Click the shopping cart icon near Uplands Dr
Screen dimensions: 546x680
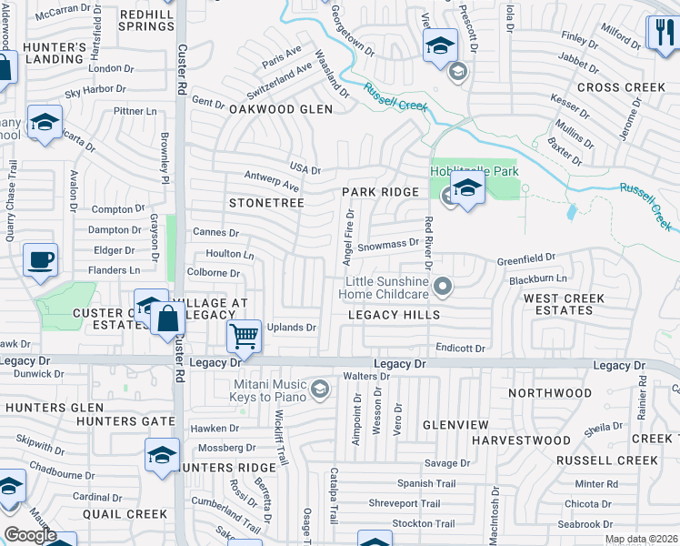point(244,336)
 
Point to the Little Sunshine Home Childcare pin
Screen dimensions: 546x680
point(443,287)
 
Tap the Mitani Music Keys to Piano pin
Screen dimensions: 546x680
point(319,390)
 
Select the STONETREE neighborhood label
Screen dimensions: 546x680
point(266,202)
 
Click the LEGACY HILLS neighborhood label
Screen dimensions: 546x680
point(395,315)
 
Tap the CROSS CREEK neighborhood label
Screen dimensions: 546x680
point(621,87)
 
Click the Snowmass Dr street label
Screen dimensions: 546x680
point(387,244)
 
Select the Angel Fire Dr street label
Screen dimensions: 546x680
point(348,236)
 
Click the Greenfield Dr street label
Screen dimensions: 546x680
point(525,259)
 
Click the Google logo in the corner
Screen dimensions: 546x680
point(30,535)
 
